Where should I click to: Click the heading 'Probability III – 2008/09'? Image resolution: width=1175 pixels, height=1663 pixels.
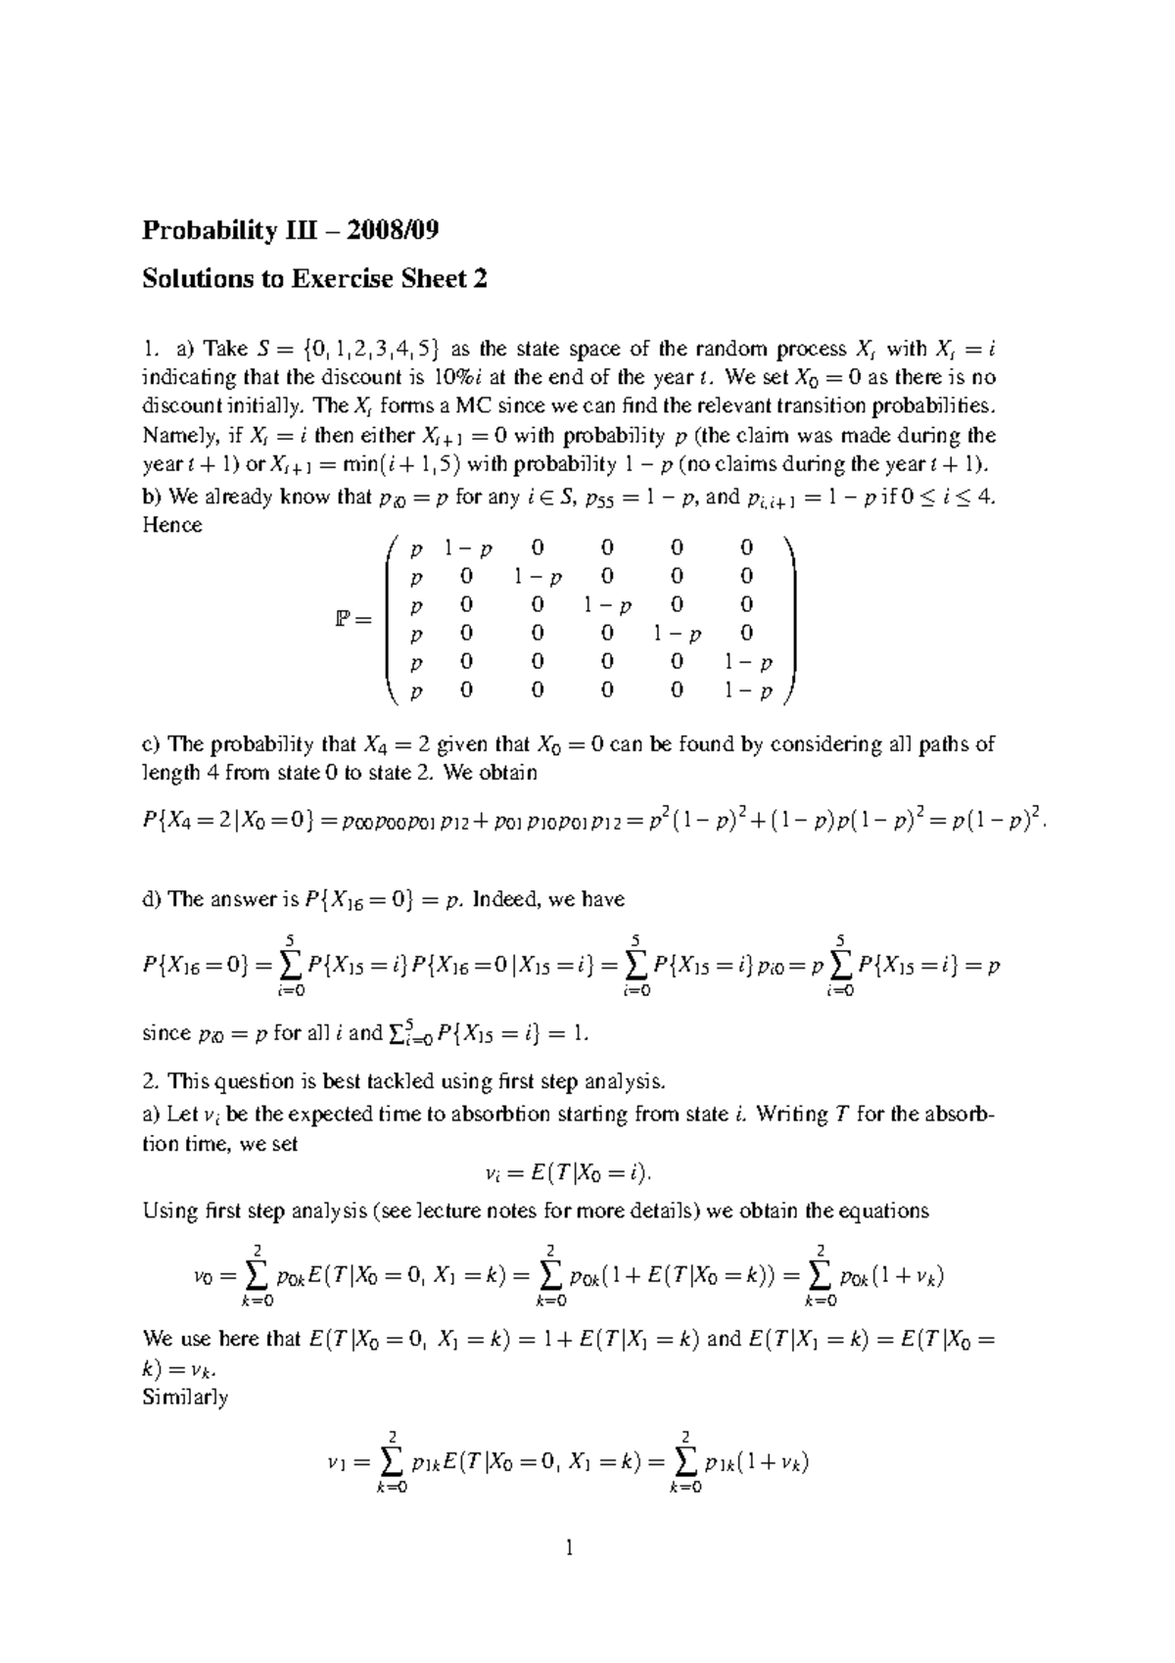290,231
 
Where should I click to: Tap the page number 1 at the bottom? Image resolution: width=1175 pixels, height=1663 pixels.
567,1547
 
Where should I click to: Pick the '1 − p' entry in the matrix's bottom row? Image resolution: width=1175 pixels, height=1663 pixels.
748,692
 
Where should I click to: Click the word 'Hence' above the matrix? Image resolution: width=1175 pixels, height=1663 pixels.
172,525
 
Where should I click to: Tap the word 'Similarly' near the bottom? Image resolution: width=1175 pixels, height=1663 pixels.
185,1398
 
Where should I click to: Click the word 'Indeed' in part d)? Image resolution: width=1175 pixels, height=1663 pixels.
503,899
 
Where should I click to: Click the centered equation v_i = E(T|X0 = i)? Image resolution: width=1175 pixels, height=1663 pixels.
568,1173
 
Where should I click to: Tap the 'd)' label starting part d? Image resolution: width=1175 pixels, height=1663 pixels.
152,899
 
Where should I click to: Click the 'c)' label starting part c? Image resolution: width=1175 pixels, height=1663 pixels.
152,744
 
